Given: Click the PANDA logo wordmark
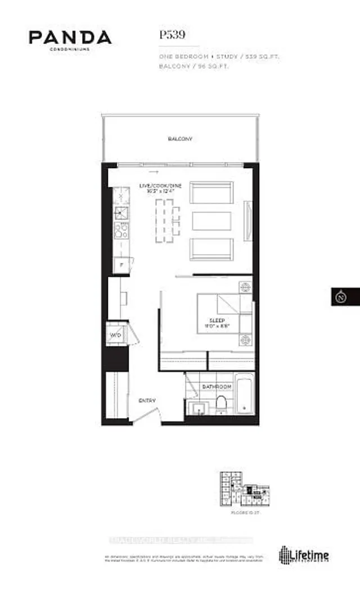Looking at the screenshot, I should [70, 38].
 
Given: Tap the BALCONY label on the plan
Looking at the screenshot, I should [179, 139].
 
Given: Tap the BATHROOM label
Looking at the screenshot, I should [217, 387].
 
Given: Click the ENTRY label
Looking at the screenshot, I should [147, 400].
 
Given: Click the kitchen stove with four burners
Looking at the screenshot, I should [121, 231].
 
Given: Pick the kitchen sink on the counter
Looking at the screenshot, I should [121, 212].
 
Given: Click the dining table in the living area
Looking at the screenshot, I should [164, 220].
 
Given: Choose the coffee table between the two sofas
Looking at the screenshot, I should [211, 220].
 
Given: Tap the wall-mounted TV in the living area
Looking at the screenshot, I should [248, 220].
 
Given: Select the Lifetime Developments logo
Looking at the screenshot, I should [304, 555].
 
